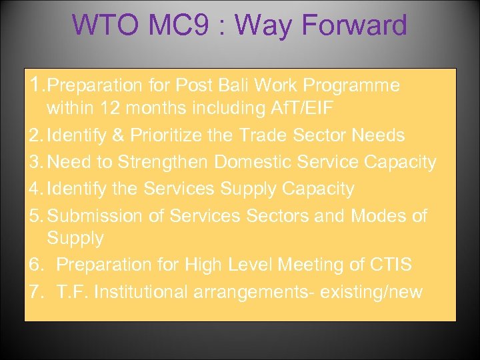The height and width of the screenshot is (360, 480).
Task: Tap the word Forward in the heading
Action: pos(354,25)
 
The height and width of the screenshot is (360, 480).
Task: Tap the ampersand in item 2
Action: pos(118,135)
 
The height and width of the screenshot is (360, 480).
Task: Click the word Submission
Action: pos(106,216)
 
